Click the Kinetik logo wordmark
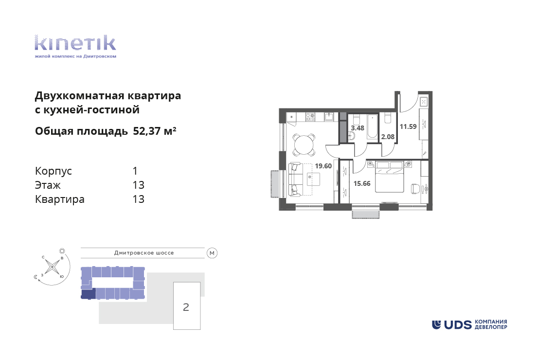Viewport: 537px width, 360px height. click(x=75, y=43)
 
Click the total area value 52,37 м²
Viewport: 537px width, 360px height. click(x=155, y=131)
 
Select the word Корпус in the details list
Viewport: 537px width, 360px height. click(x=54, y=171)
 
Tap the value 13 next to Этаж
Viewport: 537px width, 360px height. click(x=138, y=185)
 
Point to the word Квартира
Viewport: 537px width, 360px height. click(x=60, y=199)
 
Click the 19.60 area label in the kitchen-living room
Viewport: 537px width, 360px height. click(x=323, y=166)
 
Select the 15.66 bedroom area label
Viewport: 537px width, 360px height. click(x=362, y=183)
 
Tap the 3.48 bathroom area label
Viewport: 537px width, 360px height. click(x=358, y=128)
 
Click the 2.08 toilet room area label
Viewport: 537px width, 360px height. click(x=388, y=137)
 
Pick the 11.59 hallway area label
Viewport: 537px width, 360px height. click(x=408, y=127)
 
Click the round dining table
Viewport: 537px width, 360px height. click(x=304, y=145)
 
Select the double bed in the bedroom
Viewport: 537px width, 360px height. click(x=390, y=177)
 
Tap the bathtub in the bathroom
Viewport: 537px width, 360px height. click(x=372, y=127)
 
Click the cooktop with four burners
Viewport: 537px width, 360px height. click(x=310, y=117)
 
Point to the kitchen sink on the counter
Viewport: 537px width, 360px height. click(x=329, y=117)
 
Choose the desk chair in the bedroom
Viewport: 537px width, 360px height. click(x=415, y=188)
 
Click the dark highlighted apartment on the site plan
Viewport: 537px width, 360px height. click(x=88, y=293)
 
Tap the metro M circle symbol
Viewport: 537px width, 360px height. click(x=212, y=253)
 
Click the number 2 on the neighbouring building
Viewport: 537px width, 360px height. click(x=186, y=307)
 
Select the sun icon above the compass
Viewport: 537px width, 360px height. click(x=62, y=251)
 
